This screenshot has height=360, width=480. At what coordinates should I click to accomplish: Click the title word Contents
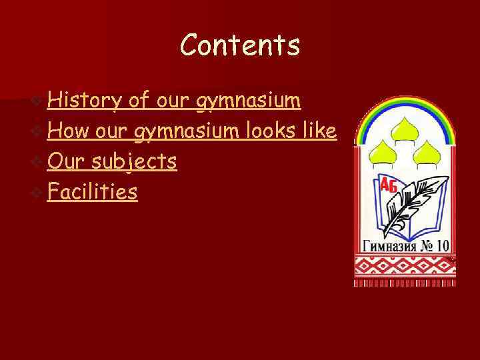pos(240,45)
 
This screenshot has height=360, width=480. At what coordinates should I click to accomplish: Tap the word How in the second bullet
pos(69,131)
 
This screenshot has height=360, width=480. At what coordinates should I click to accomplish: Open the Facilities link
pos(93,193)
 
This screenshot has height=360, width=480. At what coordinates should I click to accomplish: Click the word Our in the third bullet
pos(65,162)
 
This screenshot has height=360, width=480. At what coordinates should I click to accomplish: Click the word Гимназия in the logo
pos(389,245)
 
